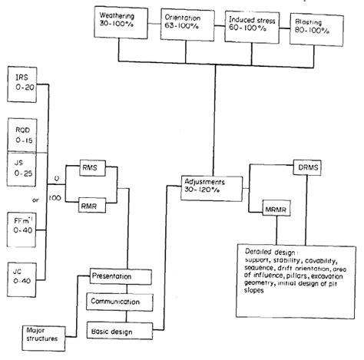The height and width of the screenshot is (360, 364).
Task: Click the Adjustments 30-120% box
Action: pyautogui.click(x=208, y=185)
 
